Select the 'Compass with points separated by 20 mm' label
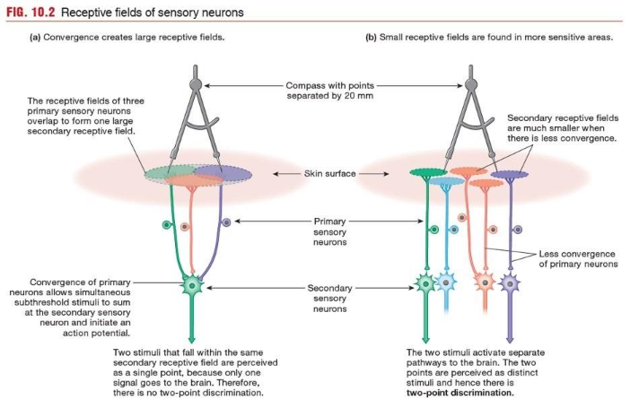click(x=329, y=90)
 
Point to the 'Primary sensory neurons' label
click(x=329, y=230)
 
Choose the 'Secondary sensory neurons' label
click(x=329, y=299)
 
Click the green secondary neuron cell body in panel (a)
click(x=192, y=288)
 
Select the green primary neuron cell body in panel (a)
click(x=166, y=223)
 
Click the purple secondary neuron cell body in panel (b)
click(x=511, y=287)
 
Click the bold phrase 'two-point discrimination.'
click(x=459, y=393)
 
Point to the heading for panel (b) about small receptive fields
click(x=489, y=38)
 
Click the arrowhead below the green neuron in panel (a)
click(x=192, y=336)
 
